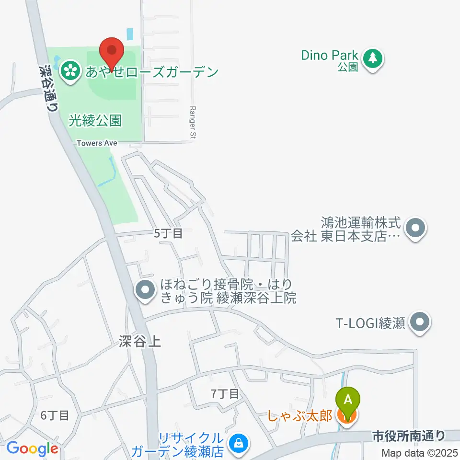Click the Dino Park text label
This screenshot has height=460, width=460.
click(330, 56)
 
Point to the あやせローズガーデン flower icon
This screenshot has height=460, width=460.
click(70, 72)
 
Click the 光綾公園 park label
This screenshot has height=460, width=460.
click(95, 120)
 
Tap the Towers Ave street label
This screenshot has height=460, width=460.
click(97, 143)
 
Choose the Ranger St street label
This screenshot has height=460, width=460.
click(193, 124)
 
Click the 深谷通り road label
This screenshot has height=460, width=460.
click(47, 89)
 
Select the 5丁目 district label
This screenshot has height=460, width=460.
click(168, 234)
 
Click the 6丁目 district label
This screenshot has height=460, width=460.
click(55, 415)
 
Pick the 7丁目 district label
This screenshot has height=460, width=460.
click(225, 394)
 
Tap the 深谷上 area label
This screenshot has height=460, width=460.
click(140, 341)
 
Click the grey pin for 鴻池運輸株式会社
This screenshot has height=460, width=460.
click(415, 229)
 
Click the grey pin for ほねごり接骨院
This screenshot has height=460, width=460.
click(145, 290)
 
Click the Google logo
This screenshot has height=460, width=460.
click(32, 449)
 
